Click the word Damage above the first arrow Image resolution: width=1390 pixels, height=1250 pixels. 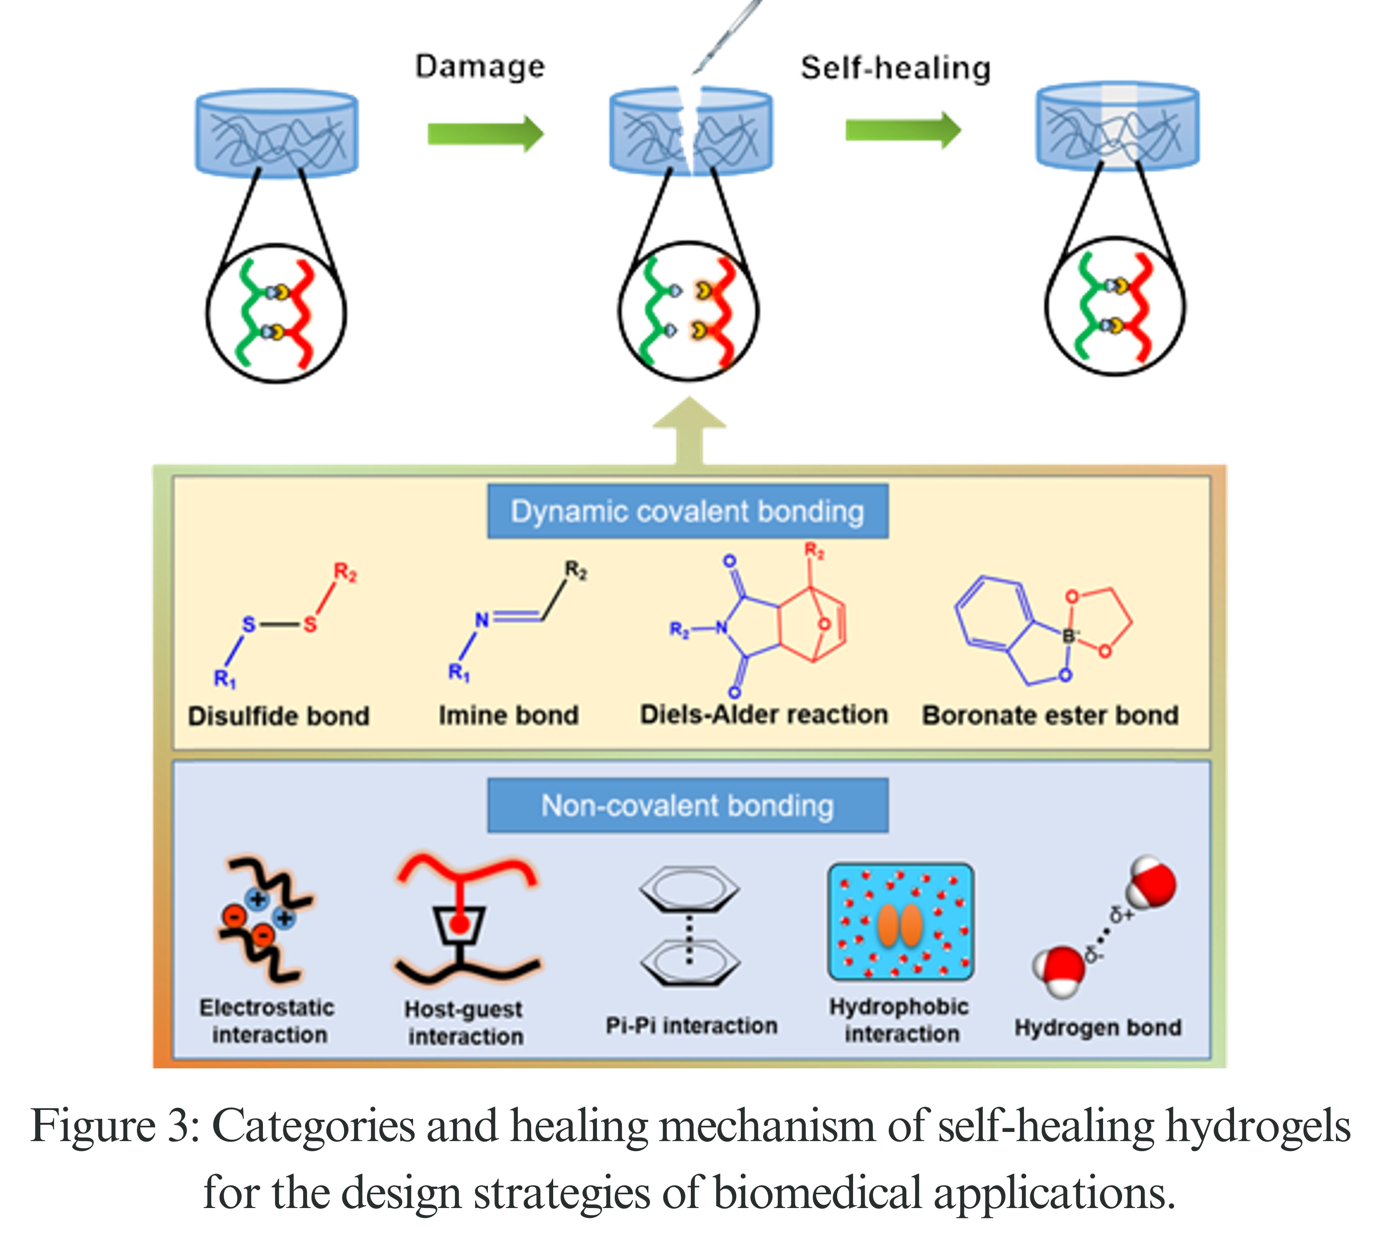coord(480,67)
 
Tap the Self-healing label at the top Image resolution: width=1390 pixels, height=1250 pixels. coord(895,68)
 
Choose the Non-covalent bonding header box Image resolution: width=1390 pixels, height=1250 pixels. coord(687,806)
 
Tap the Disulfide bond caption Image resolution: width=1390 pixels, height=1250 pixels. coord(278,716)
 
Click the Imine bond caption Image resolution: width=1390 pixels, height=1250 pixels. coord(508,715)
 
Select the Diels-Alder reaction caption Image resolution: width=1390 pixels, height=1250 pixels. coord(764,714)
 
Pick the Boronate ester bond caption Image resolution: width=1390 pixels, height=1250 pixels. coord(1050,715)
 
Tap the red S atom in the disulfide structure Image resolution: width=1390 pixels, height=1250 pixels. coord(310,624)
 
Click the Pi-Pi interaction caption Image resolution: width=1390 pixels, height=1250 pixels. coord(691,1026)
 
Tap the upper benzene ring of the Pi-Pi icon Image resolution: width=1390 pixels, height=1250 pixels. coord(689,890)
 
